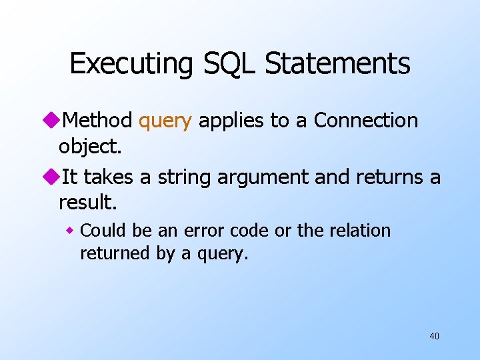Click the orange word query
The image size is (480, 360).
(165, 121)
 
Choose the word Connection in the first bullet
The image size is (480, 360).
(366, 121)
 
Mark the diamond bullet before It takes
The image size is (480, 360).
(51, 177)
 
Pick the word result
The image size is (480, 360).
(86, 202)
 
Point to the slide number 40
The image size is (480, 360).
(434, 336)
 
